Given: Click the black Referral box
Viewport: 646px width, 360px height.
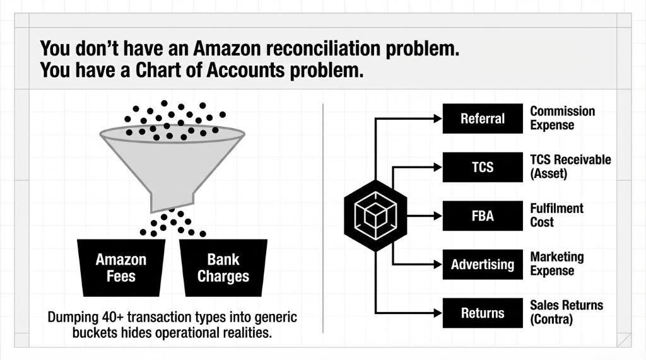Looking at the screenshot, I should [x=483, y=119].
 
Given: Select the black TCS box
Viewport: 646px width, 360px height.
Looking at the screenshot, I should [x=483, y=167].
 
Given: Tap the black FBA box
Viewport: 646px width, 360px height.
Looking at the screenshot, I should [x=483, y=216].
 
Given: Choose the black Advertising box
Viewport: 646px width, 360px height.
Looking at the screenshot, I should [x=483, y=264].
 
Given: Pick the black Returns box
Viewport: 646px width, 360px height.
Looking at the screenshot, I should [x=483, y=313].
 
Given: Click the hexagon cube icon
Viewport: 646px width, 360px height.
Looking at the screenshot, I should [x=375, y=216].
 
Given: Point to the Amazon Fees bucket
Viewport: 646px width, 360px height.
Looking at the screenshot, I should [x=121, y=267].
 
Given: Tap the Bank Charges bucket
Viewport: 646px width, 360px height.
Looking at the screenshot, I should [x=223, y=267].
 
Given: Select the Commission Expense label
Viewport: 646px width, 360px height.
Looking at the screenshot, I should [x=562, y=118].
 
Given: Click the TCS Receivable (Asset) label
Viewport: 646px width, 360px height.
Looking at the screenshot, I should [x=570, y=166].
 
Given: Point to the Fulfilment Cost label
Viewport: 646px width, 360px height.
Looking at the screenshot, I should [x=556, y=215].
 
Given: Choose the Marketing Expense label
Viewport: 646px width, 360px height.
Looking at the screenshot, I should [x=556, y=264].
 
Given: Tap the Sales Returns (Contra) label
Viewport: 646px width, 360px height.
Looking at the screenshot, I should [x=566, y=312].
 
